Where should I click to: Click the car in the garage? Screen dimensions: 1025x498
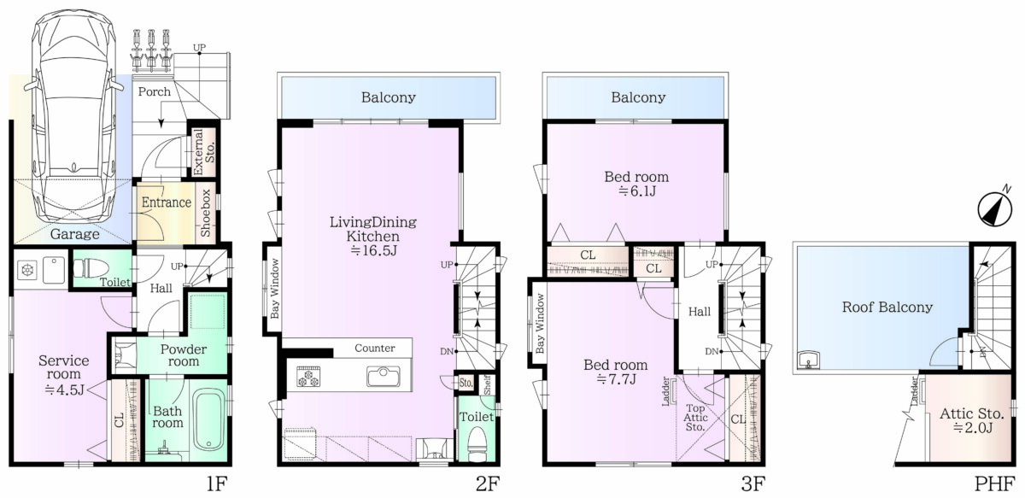[x=73, y=119]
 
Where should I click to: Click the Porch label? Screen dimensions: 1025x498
[x=155, y=91]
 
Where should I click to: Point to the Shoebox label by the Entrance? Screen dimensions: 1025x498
[x=206, y=213]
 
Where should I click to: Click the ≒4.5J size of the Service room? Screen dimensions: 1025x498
[x=64, y=390]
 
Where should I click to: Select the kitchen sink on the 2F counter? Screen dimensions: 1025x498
[x=383, y=377]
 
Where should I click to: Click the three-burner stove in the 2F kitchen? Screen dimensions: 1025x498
[x=308, y=377]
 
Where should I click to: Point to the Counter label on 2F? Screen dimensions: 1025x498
[x=375, y=349]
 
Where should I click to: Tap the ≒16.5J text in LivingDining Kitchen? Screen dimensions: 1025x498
[x=373, y=251]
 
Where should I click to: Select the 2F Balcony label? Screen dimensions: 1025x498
[x=389, y=97]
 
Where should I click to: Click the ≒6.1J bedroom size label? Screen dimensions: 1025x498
[x=636, y=191]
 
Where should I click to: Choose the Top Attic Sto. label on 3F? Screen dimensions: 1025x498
[x=695, y=418]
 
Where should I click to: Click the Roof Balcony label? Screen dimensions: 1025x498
[x=887, y=308]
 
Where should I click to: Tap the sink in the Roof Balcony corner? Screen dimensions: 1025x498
[x=809, y=360]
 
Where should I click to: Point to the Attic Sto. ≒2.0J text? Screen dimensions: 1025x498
[x=972, y=420]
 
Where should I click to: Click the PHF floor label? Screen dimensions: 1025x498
[x=994, y=483]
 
